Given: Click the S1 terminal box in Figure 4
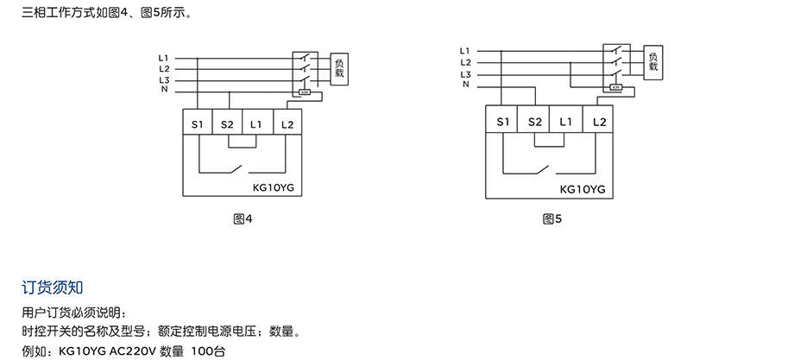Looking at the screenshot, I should (198, 124).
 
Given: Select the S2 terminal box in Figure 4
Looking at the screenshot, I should (227, 124).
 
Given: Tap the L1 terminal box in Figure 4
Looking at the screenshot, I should (256, 124).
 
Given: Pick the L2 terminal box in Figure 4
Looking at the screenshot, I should (287, 124).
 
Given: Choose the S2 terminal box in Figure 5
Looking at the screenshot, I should (534, 121).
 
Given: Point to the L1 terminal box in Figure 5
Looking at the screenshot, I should (565, 121).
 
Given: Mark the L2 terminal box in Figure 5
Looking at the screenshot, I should (599, 121).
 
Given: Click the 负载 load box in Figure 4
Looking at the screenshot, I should (340, 68).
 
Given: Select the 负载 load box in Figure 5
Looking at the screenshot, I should (652, 61).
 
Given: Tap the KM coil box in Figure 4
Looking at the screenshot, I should (304, 92).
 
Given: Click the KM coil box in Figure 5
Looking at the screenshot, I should (615, 87).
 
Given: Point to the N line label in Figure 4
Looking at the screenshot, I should (164, 90).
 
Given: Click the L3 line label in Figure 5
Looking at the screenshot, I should (465, 74).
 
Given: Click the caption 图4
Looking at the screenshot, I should (243, 219).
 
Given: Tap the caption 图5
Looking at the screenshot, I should (552, 219).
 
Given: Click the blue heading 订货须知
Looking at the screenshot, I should (52, 286).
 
